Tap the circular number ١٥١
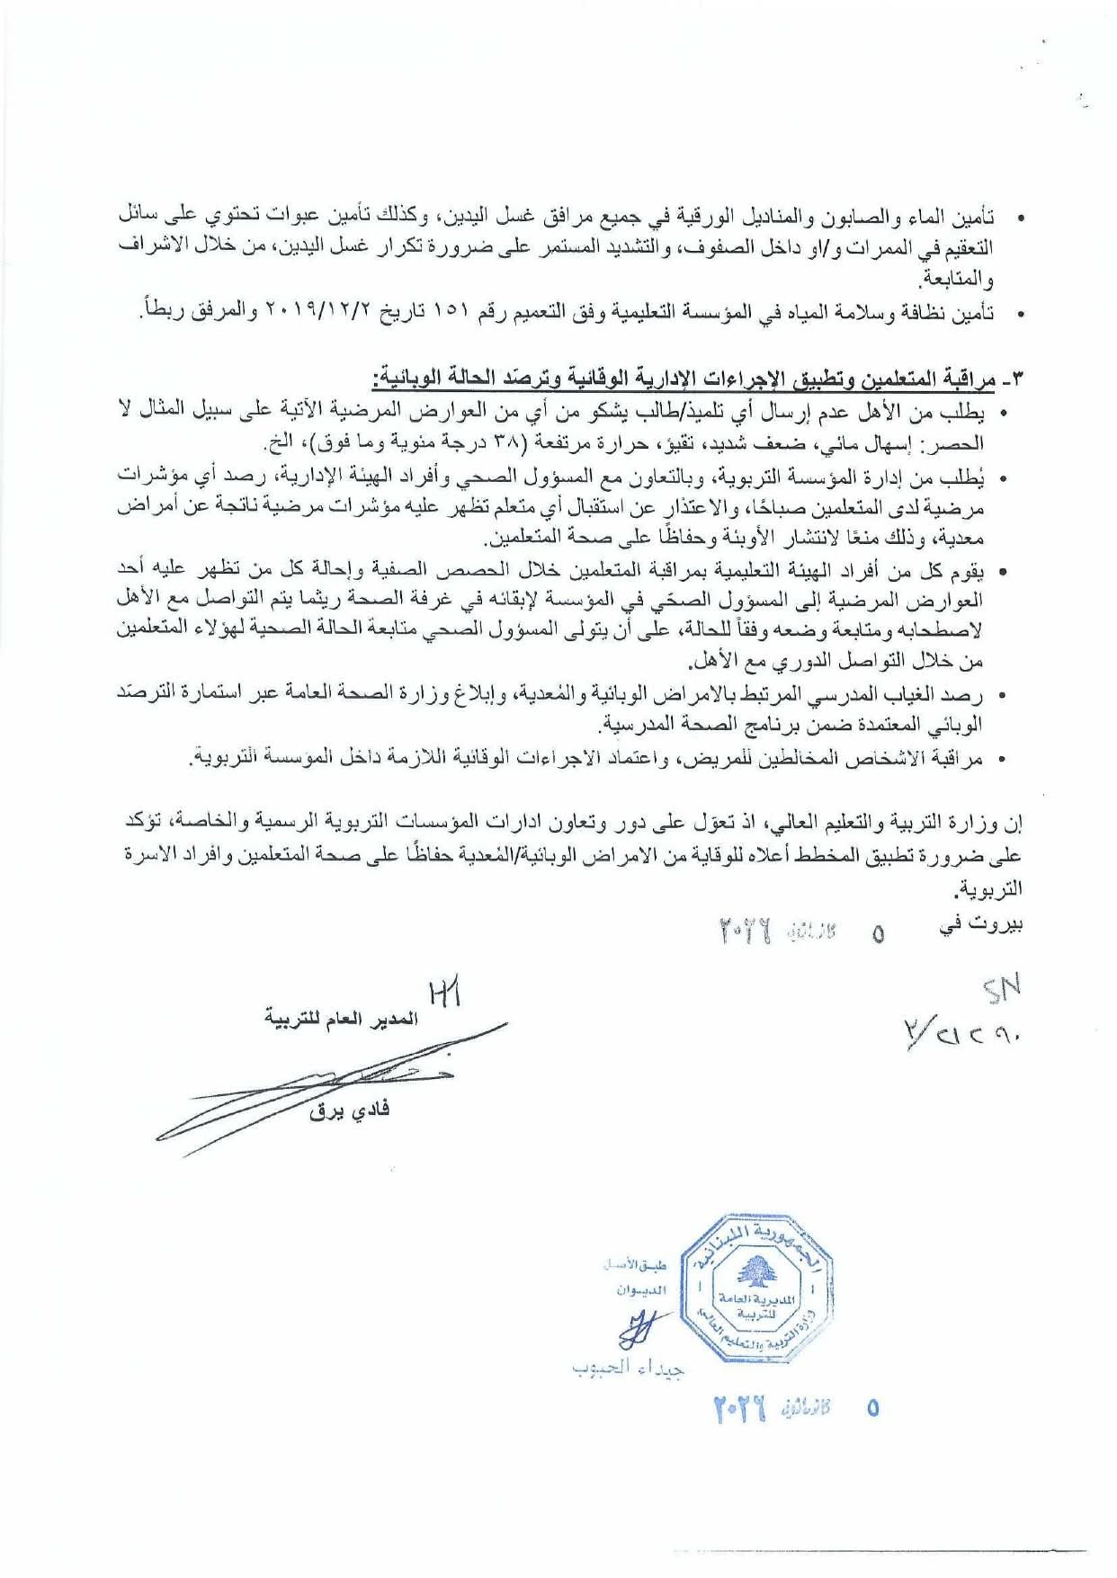click(448, 313)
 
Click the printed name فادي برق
click(350, 1110)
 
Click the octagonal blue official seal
click(755, 1288)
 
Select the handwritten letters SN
click(1000, 990)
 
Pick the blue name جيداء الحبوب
click(628, 1368)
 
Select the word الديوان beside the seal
click(641, 1290)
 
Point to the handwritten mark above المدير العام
click(446, 994)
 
